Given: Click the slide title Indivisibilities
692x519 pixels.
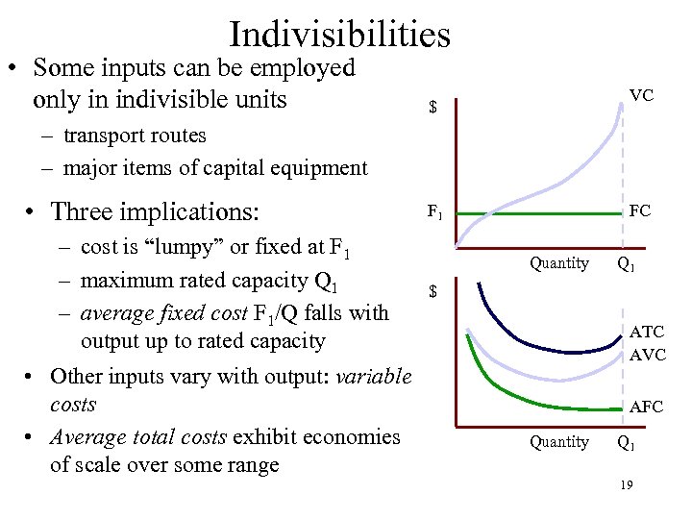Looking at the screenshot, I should tap(339, 35).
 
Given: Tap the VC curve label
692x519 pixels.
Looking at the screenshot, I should tap(641, 95).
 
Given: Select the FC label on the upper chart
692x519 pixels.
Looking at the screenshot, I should tap(640, 210).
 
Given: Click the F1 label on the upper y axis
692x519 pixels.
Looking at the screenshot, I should tap(434, 210).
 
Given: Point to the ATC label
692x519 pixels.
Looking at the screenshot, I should tap(647, 333).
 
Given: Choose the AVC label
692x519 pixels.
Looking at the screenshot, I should tap(647, 355).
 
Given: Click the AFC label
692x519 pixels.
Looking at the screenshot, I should tap(646, 407).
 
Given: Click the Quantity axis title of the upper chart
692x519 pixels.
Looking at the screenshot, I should tap(559, 262).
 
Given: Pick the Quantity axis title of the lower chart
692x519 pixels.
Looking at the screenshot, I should tap(559, 442).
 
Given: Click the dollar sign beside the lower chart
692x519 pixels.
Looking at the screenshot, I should tap(432, 290).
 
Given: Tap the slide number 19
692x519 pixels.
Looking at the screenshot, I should tap(626, 486).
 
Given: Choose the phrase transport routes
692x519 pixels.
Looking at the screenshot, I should tap(135, 136).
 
